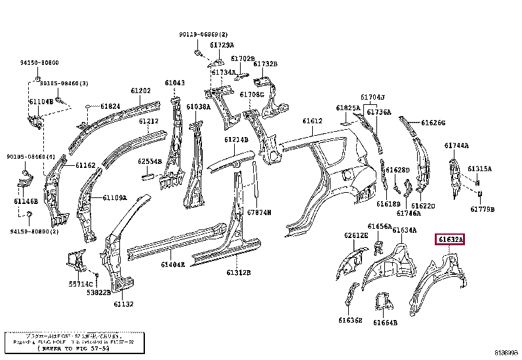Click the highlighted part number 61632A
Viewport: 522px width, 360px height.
tap(450, 241)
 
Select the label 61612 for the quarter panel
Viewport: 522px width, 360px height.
tap(312, 121)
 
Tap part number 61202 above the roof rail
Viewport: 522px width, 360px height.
tap(140, 91)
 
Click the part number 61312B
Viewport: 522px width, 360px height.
tap(240, 272)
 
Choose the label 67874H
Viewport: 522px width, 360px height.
tap(259, 213)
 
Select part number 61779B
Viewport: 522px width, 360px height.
tap(482, 209)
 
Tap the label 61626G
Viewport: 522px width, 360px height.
tap(433, 123)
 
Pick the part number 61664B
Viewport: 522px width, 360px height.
tap(386, 322)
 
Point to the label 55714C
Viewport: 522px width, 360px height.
tap(81, 284)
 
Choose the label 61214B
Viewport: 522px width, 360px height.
tap(236, 140)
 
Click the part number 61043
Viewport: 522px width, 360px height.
tap(174, 83)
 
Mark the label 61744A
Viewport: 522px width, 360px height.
tap(456, 146)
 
